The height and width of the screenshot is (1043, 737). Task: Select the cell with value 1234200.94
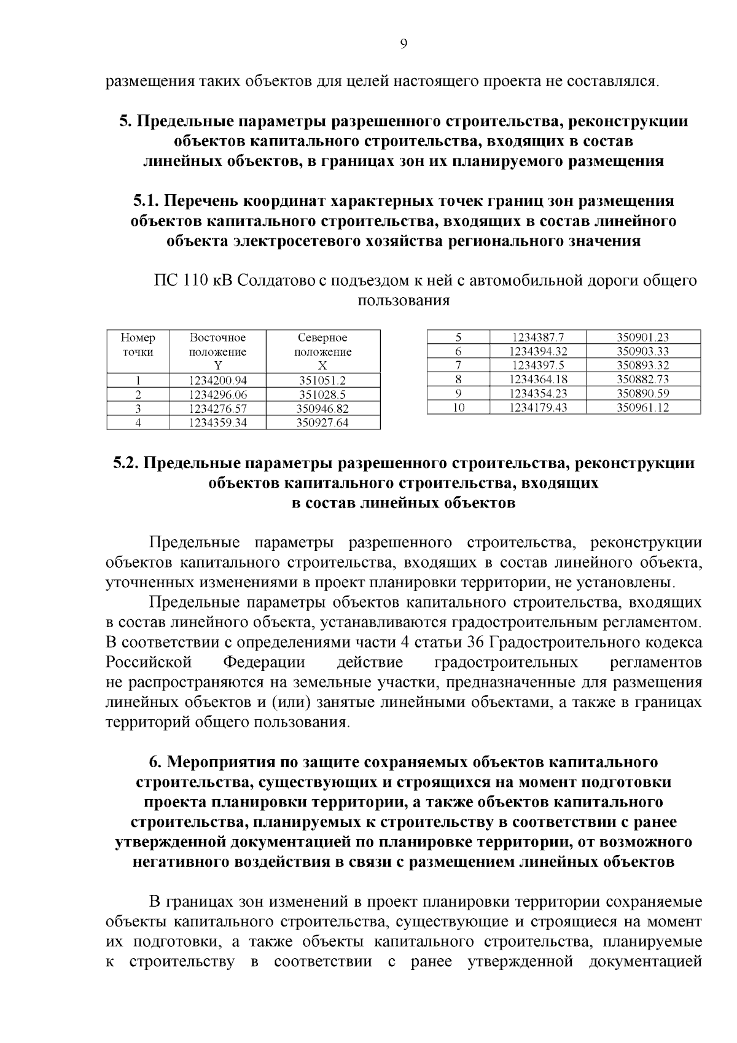pos(217,381)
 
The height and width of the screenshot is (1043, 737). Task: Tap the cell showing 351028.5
pos(322,395)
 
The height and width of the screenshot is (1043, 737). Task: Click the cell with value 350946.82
pos(322,409)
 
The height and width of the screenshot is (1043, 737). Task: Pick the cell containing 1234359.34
pos(217,423)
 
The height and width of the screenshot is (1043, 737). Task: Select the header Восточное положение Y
pos(217,351)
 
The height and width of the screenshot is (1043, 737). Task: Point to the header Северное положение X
pos(322,351)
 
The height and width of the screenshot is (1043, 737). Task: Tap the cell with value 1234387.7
pos(538,337)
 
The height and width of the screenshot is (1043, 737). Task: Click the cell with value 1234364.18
pos(538,380)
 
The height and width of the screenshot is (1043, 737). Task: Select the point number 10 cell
pos(458,408)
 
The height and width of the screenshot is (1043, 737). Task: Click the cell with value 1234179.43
pos(538,408)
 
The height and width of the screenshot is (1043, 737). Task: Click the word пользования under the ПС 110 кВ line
pos(404,301)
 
